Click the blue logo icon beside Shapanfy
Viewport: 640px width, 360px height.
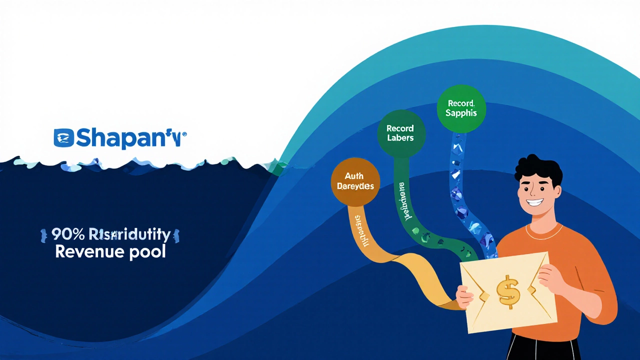point(63,138)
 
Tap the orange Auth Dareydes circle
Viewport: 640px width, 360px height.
point(355,181)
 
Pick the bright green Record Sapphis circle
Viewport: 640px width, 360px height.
point(461,108)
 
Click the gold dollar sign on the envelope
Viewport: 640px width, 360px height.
point(508,291)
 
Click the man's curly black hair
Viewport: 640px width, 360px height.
point(537,167)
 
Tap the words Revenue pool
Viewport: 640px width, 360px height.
point(110,251)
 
